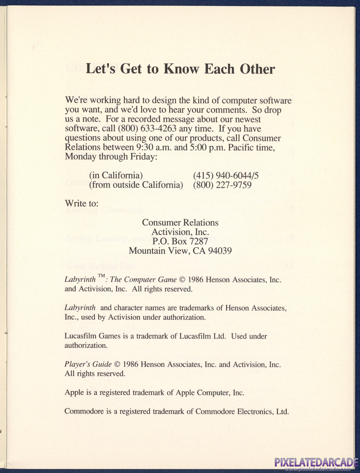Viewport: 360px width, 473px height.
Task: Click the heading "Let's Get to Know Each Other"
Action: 180,69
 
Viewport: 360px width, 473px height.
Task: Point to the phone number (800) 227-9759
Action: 222,185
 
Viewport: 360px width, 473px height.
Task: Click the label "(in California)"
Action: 116,175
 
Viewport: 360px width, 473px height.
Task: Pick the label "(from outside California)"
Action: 136,185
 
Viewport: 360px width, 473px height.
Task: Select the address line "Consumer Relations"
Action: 180,223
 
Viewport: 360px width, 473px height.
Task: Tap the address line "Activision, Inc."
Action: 180,232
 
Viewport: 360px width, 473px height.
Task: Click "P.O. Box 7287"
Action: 180,242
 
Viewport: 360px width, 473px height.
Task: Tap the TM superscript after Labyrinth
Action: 102,276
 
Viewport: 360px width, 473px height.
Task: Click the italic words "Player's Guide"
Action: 88,364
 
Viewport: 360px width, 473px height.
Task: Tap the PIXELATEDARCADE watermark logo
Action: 316,463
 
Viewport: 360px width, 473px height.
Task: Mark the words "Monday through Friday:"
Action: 111,157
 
